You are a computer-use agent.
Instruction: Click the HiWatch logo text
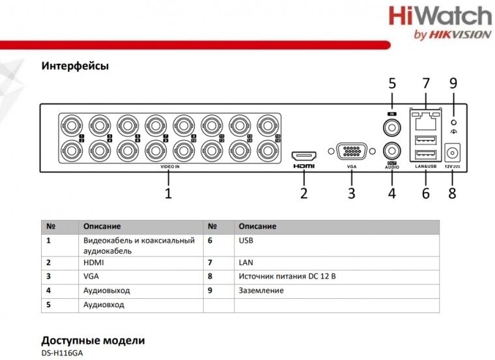coord(440,16)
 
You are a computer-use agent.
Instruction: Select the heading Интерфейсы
coord(74,66)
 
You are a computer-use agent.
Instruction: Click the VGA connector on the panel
coord(351,151)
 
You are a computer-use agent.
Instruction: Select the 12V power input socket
coord(451,154)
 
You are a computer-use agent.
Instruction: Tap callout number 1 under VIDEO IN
coord(168,193)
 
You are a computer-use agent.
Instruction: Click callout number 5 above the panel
coord(392,83)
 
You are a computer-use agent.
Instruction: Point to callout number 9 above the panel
coord(453,83)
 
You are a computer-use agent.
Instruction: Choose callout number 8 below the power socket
coord(452,193)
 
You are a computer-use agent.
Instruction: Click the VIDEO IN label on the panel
coord(169,167)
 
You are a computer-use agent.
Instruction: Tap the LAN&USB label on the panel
coord(425,167)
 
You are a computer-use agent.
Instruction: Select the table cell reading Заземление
coord(261,290)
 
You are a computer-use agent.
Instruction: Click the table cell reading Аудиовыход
coord(107,290)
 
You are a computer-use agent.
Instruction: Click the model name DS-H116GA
coord(62,353)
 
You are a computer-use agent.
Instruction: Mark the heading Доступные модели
coord(92,340)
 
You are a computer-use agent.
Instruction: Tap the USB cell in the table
coord(246,240)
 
